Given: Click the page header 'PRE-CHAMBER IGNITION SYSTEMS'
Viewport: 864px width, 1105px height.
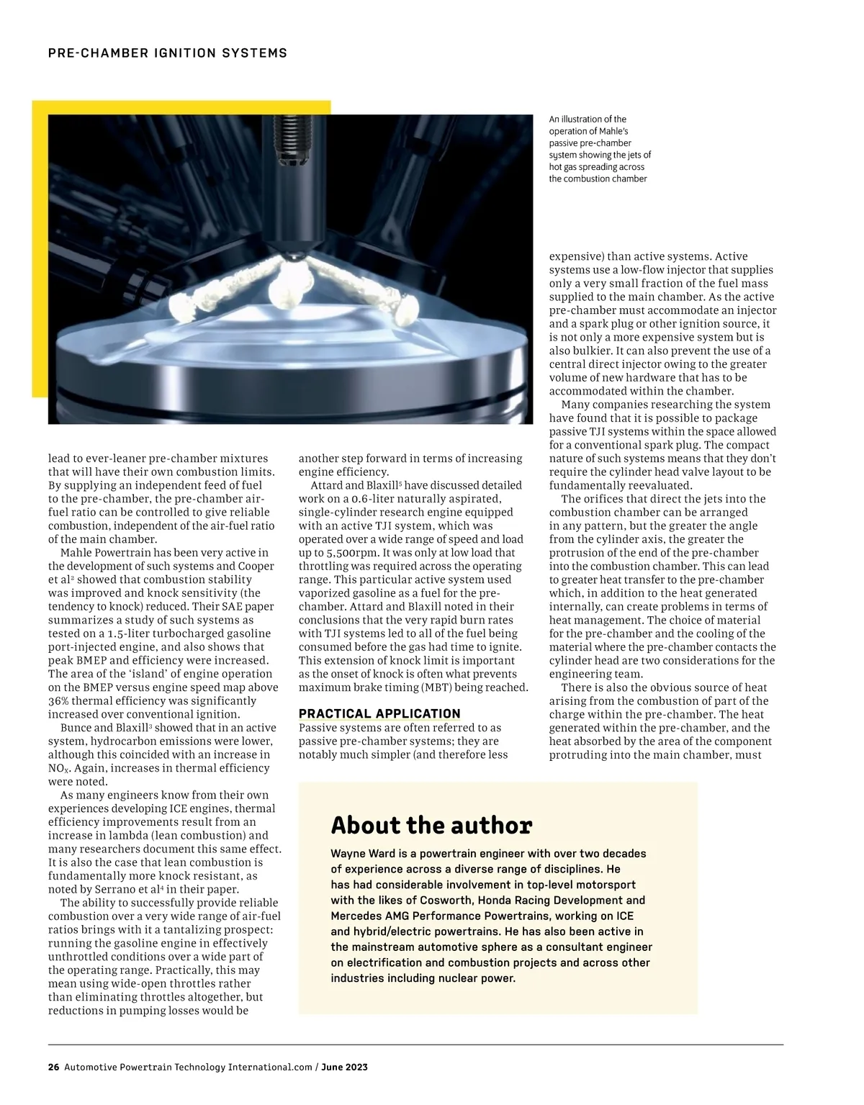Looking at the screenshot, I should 167,53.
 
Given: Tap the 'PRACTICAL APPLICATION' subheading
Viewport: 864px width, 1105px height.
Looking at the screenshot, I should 379,714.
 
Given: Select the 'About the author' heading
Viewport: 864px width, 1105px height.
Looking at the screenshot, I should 431,825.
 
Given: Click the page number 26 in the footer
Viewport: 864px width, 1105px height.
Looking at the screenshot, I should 53,1068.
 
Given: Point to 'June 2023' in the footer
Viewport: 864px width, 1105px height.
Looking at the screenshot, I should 344,1068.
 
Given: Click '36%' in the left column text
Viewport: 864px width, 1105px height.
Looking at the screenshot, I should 60,701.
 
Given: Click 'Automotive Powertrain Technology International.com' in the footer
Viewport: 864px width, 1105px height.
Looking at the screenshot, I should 188,1068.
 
